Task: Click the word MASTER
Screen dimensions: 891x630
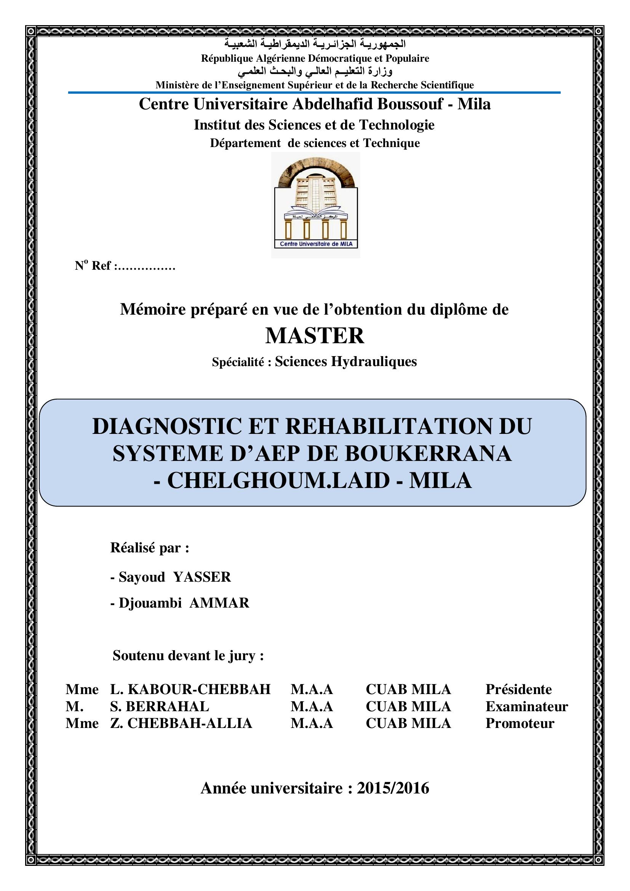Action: (315, 336)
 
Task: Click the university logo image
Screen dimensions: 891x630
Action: (316, 205)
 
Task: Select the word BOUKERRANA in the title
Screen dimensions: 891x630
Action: (428, 453)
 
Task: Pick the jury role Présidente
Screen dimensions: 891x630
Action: (519, 689)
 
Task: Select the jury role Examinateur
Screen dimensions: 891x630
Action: (527, 706)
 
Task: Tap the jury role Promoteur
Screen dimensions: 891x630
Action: (520, 723)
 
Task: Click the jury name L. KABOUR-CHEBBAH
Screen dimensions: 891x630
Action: (190, 689)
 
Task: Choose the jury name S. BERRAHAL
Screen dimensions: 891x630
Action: (160, 706)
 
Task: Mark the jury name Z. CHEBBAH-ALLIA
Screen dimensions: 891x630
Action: (181, 723)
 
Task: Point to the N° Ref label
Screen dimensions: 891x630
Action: (93, 266)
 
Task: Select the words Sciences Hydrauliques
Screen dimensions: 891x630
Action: (345, 362)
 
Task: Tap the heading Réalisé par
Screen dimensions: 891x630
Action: (150, 547)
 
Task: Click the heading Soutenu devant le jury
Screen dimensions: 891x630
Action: (188, 656)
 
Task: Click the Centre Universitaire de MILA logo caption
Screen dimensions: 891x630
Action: (316, 244)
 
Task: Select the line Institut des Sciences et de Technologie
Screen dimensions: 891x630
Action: (314, 125)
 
